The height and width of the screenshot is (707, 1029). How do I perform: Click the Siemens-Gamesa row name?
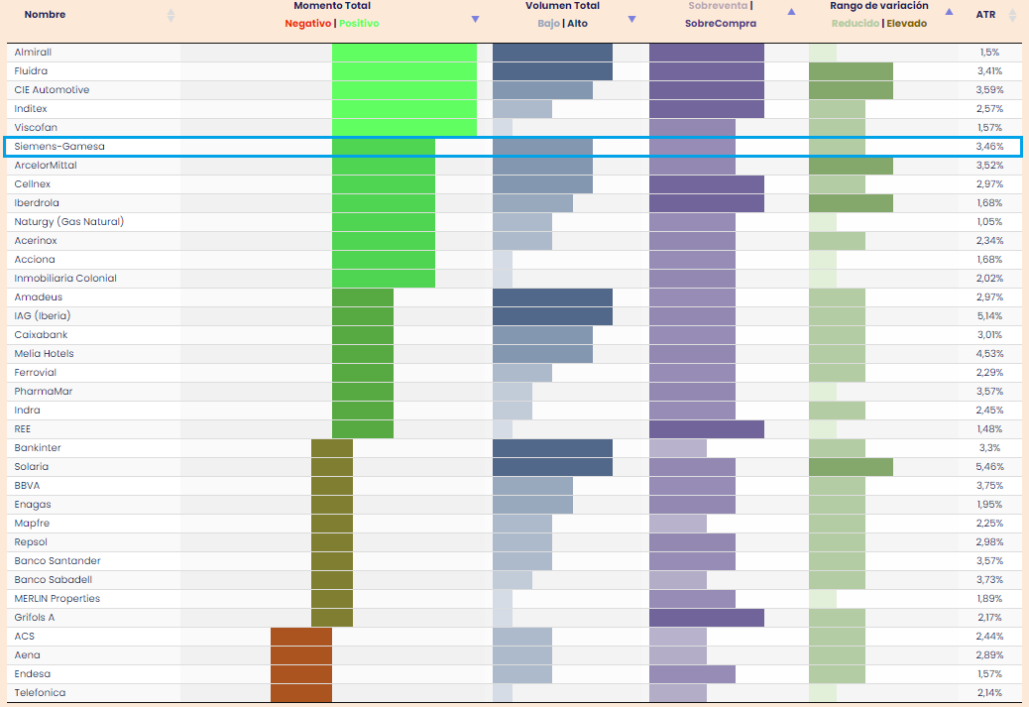[59, 147]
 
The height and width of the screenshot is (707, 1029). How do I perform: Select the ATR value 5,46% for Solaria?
[989, 467]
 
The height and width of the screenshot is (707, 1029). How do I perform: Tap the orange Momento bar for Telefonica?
[301, 693]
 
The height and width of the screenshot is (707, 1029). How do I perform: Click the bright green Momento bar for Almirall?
[404, 52]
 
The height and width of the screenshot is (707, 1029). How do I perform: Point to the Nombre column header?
[45, 15]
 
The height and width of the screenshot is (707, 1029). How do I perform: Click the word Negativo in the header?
[307, 23]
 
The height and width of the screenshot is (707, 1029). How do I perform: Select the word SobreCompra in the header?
[720, 23]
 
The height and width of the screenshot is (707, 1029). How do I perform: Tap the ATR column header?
[985, 15]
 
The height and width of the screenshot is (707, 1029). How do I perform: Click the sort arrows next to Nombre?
[171, 15]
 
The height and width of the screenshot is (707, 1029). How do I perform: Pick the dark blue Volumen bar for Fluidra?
[552, 71]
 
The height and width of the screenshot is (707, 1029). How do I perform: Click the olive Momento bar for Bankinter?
[332, 448]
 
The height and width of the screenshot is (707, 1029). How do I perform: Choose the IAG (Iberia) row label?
[43, 316]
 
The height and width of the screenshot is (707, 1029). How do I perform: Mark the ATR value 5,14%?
[989, 316]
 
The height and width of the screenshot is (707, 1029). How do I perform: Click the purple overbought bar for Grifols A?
[706, 618]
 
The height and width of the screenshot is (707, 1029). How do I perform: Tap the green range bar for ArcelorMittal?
[851, 166]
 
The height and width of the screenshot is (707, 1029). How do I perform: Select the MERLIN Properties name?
[57, 599]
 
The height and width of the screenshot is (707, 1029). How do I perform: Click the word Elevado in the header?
[906, 24]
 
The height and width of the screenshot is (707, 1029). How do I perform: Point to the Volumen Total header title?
[562, 6]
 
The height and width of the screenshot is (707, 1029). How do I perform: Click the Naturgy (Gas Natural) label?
[69, 222]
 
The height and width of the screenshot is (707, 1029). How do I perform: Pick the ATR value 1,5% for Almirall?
[989, 53]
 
